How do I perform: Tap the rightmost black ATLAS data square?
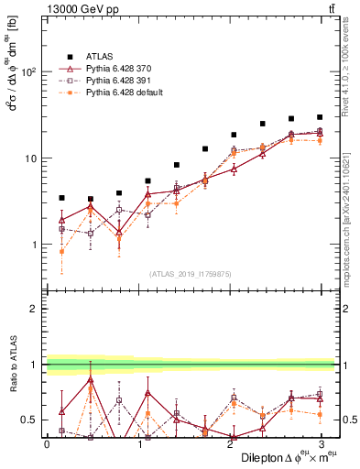(x=320, y=117)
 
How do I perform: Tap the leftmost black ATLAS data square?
(x=61, y=198)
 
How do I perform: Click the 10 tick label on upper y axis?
(x=32, y=158)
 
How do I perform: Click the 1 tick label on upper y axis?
(x=35, y=245)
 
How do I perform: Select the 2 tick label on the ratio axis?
(x=35, y=309)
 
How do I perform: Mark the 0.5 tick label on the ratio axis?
(x=30, y=420)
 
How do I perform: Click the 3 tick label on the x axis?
(x=320, y=443)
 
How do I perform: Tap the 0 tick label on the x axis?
(x=47, y=443)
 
